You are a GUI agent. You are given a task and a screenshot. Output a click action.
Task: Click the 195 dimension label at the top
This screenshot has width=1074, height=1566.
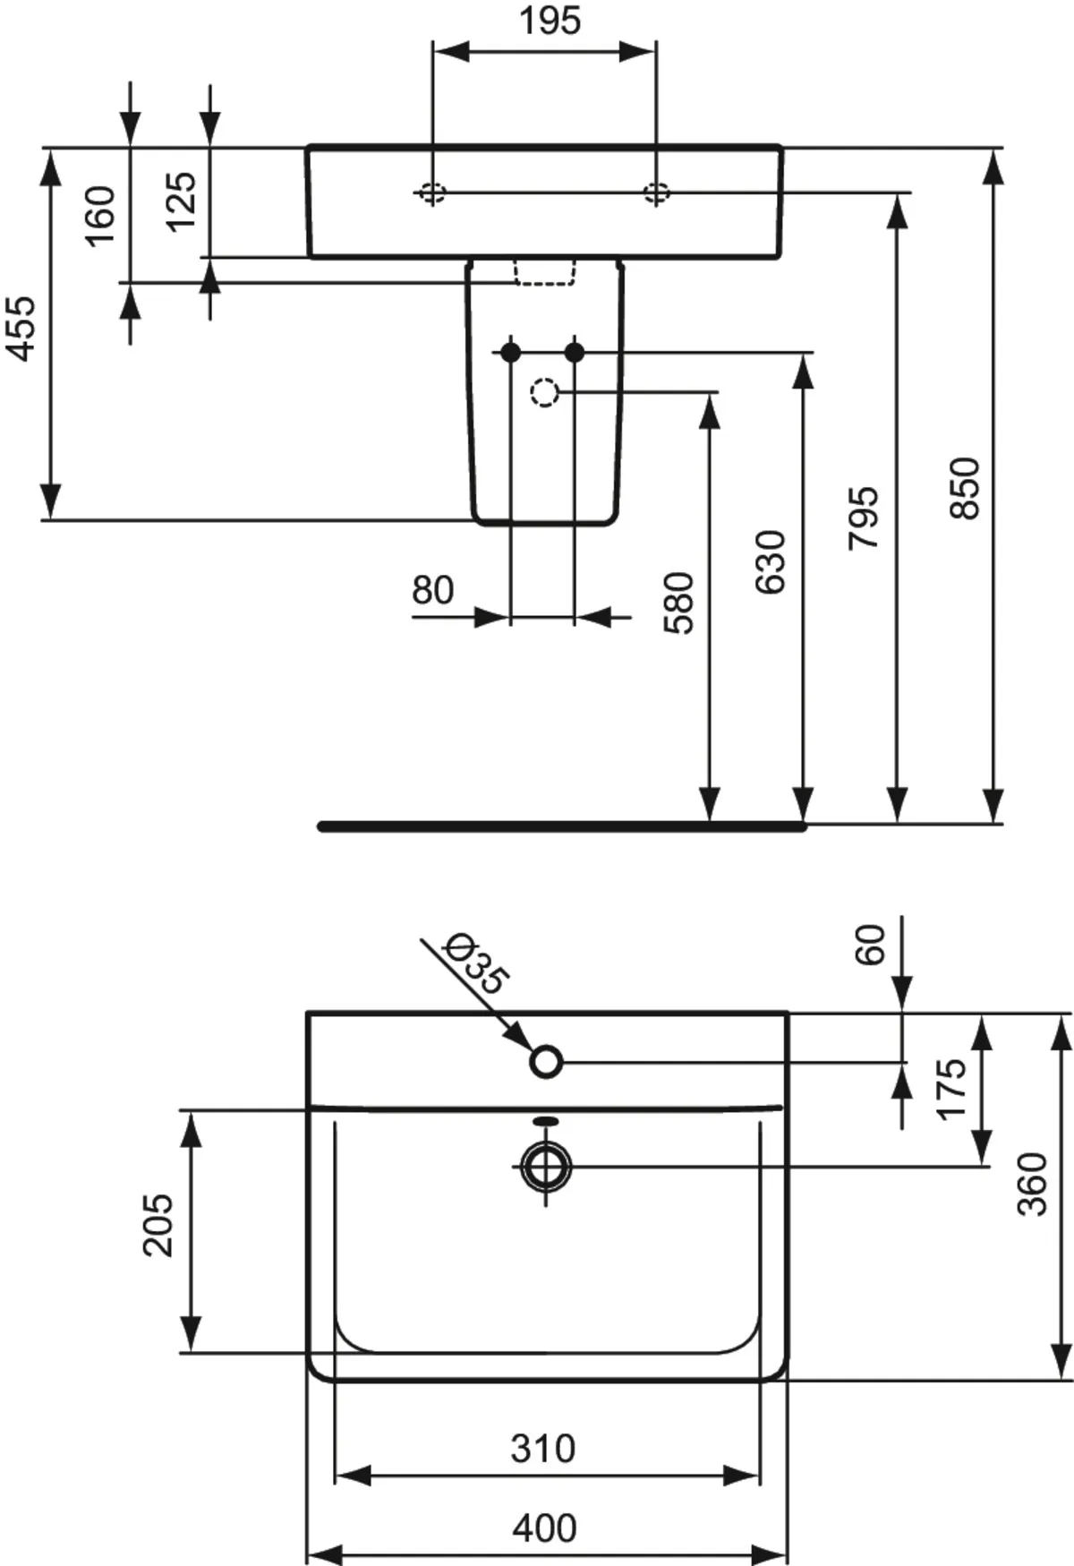pos(550,21)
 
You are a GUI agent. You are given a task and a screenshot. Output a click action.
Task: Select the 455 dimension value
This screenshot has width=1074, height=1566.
pos(21,329)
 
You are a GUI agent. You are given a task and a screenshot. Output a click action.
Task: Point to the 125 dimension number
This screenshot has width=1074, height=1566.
pos(181,201)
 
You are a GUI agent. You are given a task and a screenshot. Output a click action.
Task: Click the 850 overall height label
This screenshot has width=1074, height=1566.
pos(966,488)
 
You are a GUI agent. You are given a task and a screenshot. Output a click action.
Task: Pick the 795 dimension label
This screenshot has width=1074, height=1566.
pos(864,518)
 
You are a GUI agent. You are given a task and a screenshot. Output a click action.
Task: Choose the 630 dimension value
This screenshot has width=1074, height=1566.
pos(771,562)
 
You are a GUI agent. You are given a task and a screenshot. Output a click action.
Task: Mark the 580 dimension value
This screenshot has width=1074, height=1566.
pos(679,603)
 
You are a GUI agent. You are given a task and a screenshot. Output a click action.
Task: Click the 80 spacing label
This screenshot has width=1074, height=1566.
pos(432,591)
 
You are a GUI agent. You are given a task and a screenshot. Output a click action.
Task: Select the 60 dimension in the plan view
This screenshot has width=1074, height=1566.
pos(870,945)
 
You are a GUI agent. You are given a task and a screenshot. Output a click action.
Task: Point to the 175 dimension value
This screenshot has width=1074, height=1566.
pos(951,1089)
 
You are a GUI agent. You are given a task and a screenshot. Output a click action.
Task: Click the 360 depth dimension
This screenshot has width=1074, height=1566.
pos(1032,1184)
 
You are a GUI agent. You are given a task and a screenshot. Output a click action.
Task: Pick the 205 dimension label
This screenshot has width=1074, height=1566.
pos(159,1225)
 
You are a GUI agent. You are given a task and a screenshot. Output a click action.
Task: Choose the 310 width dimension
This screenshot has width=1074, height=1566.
pos(542,1449)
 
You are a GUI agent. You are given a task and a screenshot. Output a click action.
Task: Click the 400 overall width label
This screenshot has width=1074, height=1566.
pos(544,1527)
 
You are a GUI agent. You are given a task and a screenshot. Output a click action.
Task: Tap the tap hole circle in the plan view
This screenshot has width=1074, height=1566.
pos(546,1062)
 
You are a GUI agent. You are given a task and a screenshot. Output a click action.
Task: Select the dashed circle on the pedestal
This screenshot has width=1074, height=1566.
pos(544,392)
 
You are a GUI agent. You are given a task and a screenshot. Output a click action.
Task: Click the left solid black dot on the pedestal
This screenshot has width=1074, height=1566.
pos(511,353)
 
